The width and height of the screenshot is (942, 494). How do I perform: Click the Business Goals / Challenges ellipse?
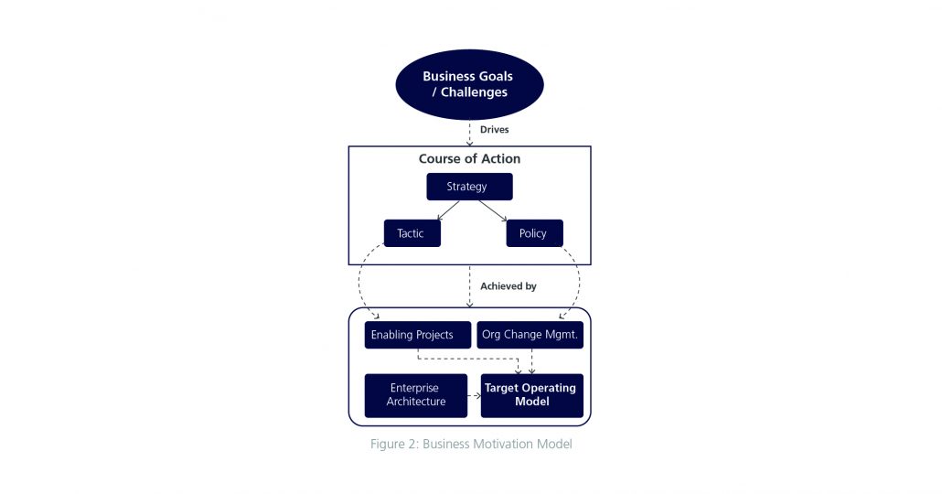pos(469,84)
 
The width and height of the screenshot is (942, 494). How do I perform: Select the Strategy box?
pos(469,187)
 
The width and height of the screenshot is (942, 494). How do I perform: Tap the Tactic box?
pos(411,233)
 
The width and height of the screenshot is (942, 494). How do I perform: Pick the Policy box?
pos(533,233)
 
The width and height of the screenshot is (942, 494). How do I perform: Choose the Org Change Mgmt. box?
pos(530,335)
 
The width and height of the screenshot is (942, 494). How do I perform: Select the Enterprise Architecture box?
pos(416,395)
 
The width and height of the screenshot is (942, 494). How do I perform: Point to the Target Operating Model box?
pos(531,395)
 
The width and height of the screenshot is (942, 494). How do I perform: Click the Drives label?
pos(494,130)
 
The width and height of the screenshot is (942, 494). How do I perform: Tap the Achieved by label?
pos(508,286)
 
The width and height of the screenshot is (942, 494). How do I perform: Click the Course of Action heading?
pos(469,159)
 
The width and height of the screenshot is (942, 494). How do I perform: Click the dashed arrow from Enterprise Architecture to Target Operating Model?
pos(474,396)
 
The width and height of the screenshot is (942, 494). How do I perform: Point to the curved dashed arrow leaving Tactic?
pos(360,284)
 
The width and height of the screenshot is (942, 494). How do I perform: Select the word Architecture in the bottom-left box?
pos(416,402)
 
